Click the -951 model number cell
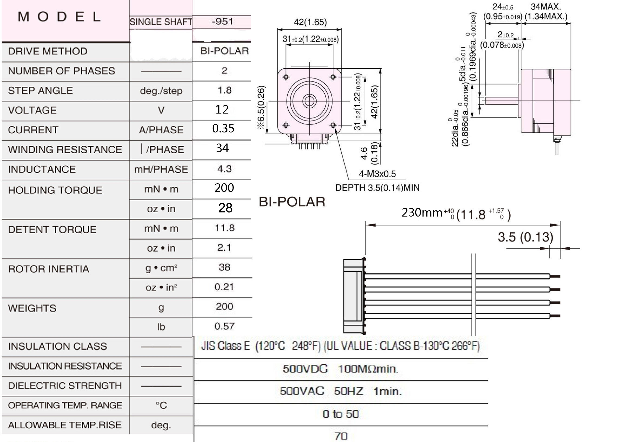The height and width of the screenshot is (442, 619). [x=222, y=22]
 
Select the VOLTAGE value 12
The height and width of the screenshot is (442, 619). [x=222, y=109]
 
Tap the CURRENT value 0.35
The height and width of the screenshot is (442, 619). [x=223, y=128]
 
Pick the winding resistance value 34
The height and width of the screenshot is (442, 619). [x=222, y=148]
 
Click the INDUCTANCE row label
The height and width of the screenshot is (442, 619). [x=42, y=169]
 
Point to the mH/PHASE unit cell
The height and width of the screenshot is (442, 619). [x=161, y=170]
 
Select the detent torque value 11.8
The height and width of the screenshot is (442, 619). [x=225, y=228]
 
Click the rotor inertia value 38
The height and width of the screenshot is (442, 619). [x=224, y=267]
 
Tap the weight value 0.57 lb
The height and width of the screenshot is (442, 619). [x=224, y=326]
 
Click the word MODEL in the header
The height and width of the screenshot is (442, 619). [x=59, y=17]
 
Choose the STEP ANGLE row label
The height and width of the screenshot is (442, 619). [x=41, y=91]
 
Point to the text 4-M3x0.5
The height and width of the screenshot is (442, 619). [x=377, y=174]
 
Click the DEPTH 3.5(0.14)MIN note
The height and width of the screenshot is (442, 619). [x=377, y=188]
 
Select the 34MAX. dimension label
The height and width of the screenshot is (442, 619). [x=546, y=6]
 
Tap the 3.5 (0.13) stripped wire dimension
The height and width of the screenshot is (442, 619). [x=526, y=237]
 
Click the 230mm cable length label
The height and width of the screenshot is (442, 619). [x=422, y=212]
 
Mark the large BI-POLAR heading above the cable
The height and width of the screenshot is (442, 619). [x=292, y=202]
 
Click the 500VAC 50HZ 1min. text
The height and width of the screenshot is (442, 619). [x=341, y=391]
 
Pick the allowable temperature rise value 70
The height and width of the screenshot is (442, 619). [x=341, y=437]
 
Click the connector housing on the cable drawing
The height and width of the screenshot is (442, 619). [x=354, y=296]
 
